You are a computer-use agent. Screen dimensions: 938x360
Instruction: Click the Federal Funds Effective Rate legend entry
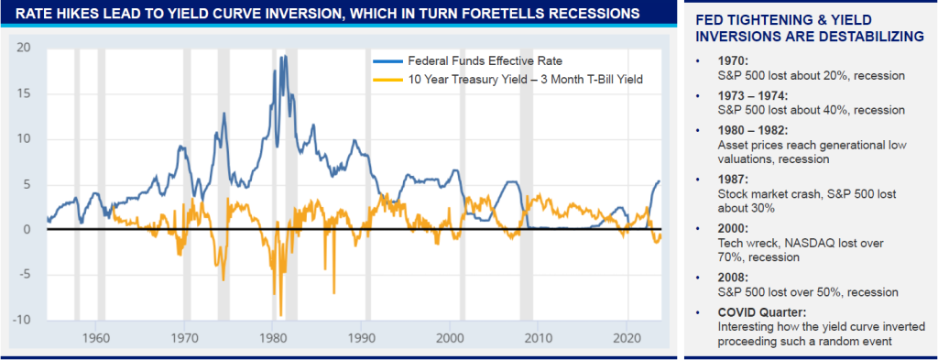467,60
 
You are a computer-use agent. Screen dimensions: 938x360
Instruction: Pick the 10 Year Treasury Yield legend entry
507,79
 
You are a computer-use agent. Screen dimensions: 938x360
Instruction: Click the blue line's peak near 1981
285,56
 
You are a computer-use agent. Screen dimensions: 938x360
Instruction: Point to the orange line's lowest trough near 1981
280,314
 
